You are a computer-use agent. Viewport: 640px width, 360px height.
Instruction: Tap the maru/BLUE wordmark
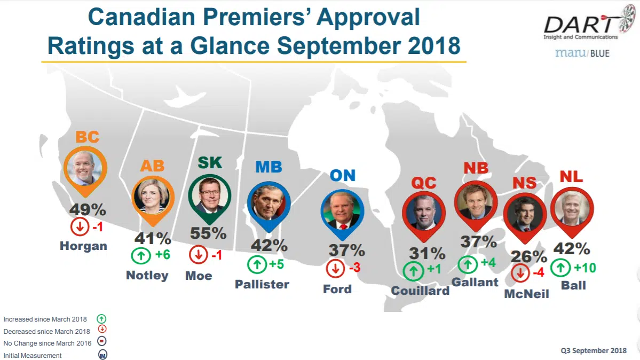tap(582, 53)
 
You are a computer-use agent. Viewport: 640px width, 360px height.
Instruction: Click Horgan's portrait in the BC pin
tap(85, 167)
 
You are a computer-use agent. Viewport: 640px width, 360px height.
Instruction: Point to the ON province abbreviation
tap(342, 175)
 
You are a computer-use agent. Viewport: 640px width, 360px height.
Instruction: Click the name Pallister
tap(262, 284)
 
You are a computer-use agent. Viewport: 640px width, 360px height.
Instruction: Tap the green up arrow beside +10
tap(560, 267)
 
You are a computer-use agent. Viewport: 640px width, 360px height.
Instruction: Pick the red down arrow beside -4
tap(520, 273)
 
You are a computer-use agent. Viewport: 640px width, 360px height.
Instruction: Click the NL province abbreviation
tap(571, 176)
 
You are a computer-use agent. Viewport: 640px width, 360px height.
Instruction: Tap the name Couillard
tap(420, 291)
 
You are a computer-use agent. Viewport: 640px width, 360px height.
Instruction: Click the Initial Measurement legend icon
tap(102, 355)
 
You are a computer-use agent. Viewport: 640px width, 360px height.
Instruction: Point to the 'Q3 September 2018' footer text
tap(594, 351)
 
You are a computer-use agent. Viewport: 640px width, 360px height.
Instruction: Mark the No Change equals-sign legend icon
tap(102, 342)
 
